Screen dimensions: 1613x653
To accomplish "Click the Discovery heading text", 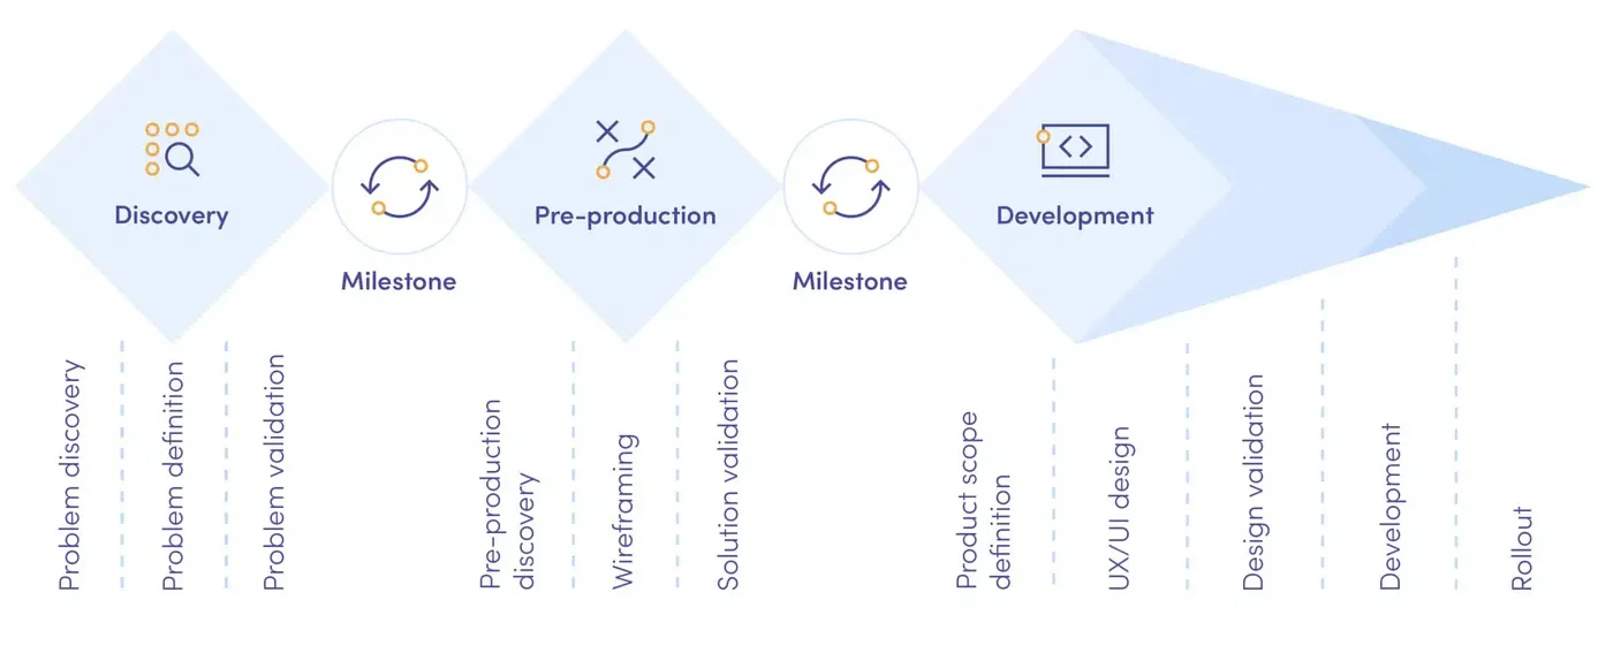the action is tap(172, 215).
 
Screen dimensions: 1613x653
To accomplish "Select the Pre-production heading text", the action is tap(625, 215).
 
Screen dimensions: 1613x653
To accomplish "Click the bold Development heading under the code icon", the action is tap(1075, 215).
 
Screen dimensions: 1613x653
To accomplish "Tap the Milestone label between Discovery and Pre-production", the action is tap(399, 281).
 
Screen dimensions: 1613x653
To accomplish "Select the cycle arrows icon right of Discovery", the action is tap(399, 187).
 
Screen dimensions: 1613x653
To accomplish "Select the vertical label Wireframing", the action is tap(624, 511).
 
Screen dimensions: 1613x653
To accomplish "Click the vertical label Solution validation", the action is tap(728, 474).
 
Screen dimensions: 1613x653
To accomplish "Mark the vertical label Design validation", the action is tap(1252, 482).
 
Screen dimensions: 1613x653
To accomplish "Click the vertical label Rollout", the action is tap(1522, 549).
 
